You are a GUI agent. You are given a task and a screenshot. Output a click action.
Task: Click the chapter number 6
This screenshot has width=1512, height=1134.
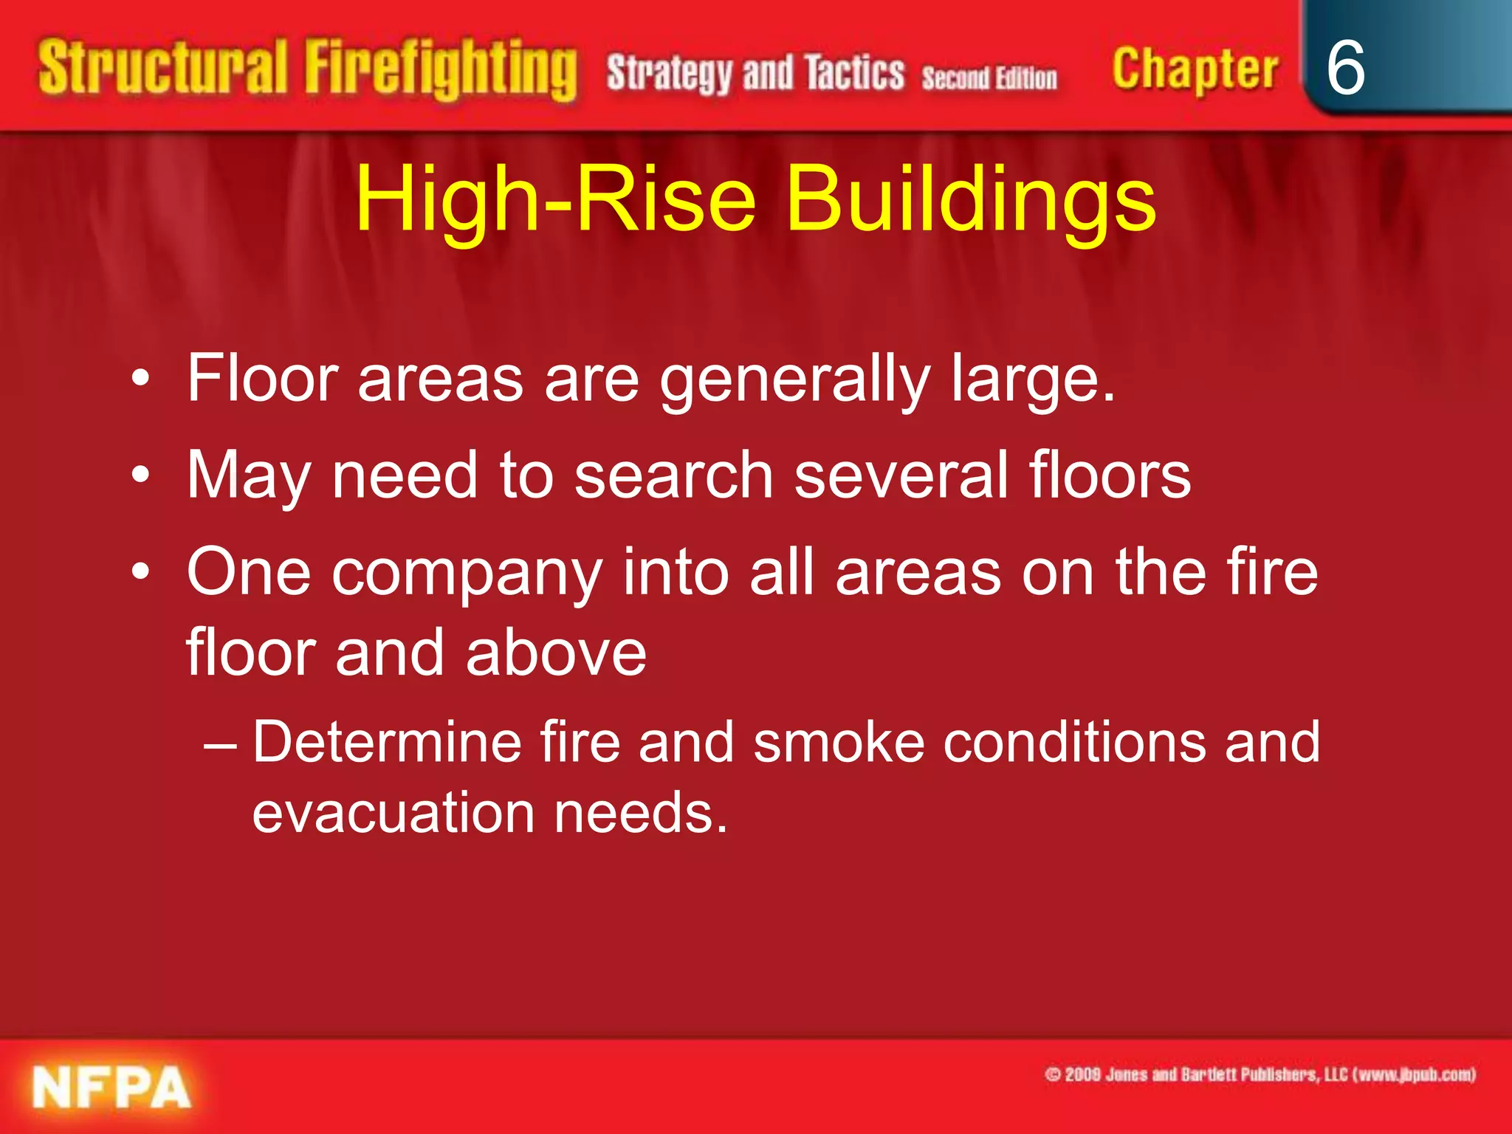coord(1345,68)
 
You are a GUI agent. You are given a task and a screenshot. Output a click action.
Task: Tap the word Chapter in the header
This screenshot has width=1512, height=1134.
coord(1195,69)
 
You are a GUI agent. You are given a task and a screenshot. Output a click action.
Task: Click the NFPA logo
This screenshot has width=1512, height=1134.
coord(111,1088)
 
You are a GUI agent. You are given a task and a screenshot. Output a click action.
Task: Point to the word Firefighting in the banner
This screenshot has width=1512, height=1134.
coord(441,69)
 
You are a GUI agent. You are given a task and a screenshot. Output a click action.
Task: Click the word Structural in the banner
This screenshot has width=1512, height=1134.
coord(162,68)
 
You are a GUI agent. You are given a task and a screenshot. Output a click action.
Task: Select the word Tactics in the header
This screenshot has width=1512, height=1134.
coord(854,73)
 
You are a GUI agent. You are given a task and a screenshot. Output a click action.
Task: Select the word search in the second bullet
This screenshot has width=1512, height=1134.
coord(673,475)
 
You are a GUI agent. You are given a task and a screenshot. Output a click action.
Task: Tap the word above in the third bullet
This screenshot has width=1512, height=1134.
coord(556,653)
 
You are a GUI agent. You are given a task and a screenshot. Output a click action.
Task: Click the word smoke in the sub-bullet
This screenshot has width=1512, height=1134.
coord(839,742)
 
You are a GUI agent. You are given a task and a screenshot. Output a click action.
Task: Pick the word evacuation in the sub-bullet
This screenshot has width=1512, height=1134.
coord(393,812)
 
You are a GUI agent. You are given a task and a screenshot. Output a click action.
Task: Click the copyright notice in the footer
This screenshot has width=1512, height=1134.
coord(1260,1074)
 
